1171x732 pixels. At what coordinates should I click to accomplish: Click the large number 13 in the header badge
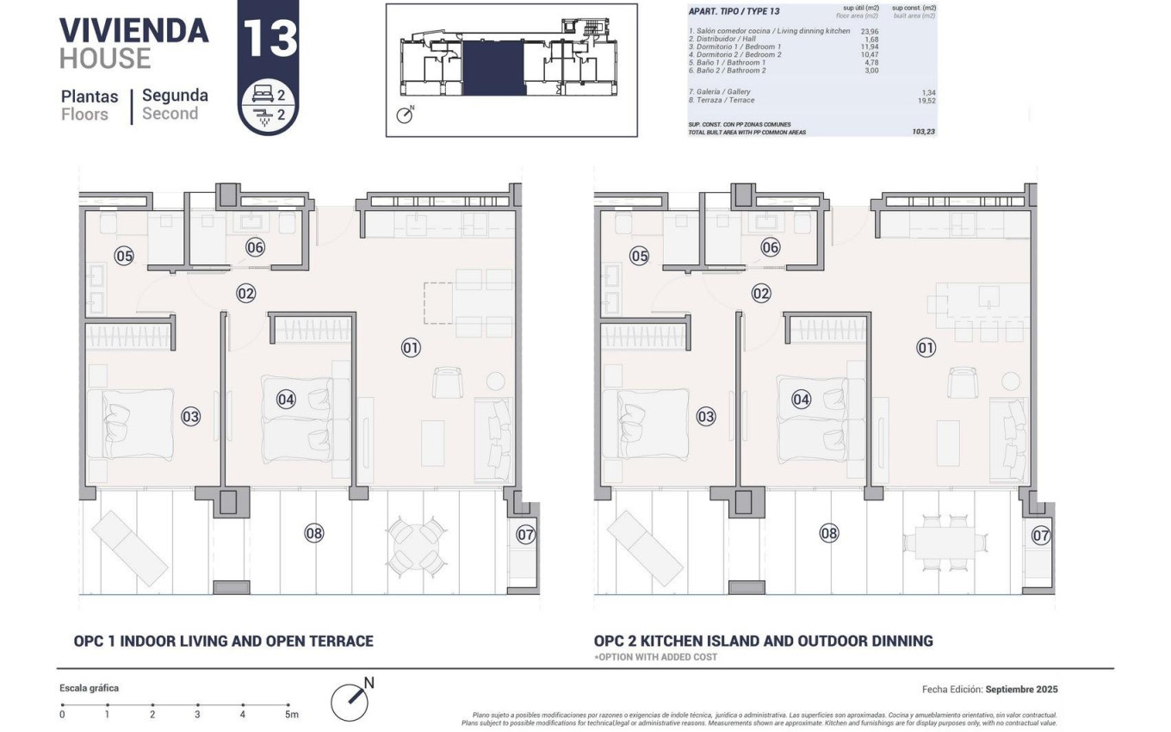tap(269, 39)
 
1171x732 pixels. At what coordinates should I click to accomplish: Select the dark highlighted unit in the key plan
tap(493, 69)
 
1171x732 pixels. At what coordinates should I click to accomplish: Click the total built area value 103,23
tap(924, 132)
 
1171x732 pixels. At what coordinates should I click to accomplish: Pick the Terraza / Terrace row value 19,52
tap(926, 100)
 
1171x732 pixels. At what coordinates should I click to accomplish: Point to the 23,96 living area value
tap(870, 31)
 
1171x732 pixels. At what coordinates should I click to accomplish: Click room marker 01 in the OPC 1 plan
tap(411, 348)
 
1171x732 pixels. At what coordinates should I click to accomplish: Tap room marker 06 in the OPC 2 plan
tap(770, 247)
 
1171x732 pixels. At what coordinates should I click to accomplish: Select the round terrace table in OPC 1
tap(417, 545)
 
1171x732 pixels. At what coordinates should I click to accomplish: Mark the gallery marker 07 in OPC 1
tap(525, 534)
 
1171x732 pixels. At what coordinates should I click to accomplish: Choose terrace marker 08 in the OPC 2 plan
tap(828, 533)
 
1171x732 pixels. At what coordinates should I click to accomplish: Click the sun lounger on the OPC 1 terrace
tap(130, 547)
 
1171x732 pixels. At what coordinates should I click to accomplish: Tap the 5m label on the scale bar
tap(291, 714)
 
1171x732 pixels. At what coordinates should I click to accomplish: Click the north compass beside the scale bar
tap(350, 700)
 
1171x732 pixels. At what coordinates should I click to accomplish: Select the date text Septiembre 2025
tap(1021, 689)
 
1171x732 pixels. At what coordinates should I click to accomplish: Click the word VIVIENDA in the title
tap(134, 30)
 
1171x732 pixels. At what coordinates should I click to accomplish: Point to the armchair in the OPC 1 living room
tap(448, 382)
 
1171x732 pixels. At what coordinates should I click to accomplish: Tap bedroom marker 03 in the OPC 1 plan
tap(190, 417)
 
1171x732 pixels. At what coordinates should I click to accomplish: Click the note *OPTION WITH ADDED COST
tap(655, 657)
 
